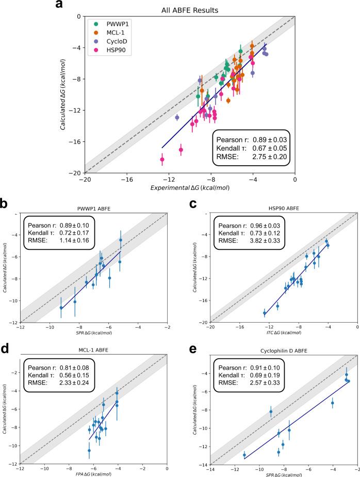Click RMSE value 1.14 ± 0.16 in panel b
coord(79,245)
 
